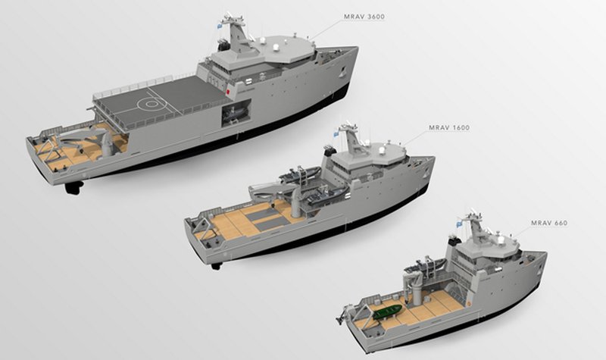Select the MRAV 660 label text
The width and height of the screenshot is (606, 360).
549,223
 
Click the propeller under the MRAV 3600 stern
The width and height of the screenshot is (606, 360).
73,188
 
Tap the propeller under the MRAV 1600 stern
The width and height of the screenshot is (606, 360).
216,265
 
